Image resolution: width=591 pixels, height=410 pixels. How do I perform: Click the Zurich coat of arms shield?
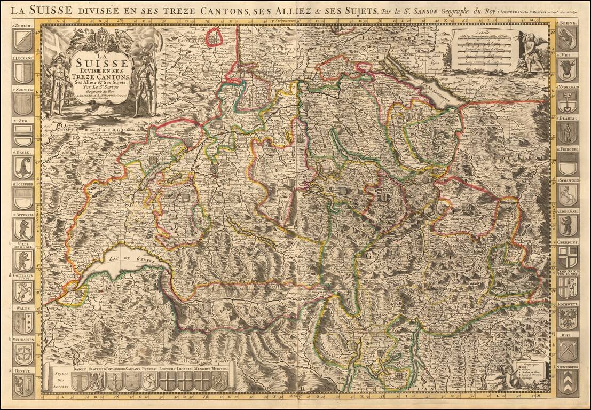pos(23,41)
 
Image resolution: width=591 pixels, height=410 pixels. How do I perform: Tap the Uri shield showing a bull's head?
pos(568,70)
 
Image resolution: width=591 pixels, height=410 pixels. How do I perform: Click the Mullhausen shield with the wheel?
pos(23,353)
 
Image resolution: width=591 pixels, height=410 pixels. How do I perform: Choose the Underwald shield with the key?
pos(568,101)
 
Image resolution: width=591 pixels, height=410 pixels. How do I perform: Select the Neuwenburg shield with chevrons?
pos(568,383)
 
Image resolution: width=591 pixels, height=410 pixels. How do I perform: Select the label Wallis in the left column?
pos(22,308)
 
